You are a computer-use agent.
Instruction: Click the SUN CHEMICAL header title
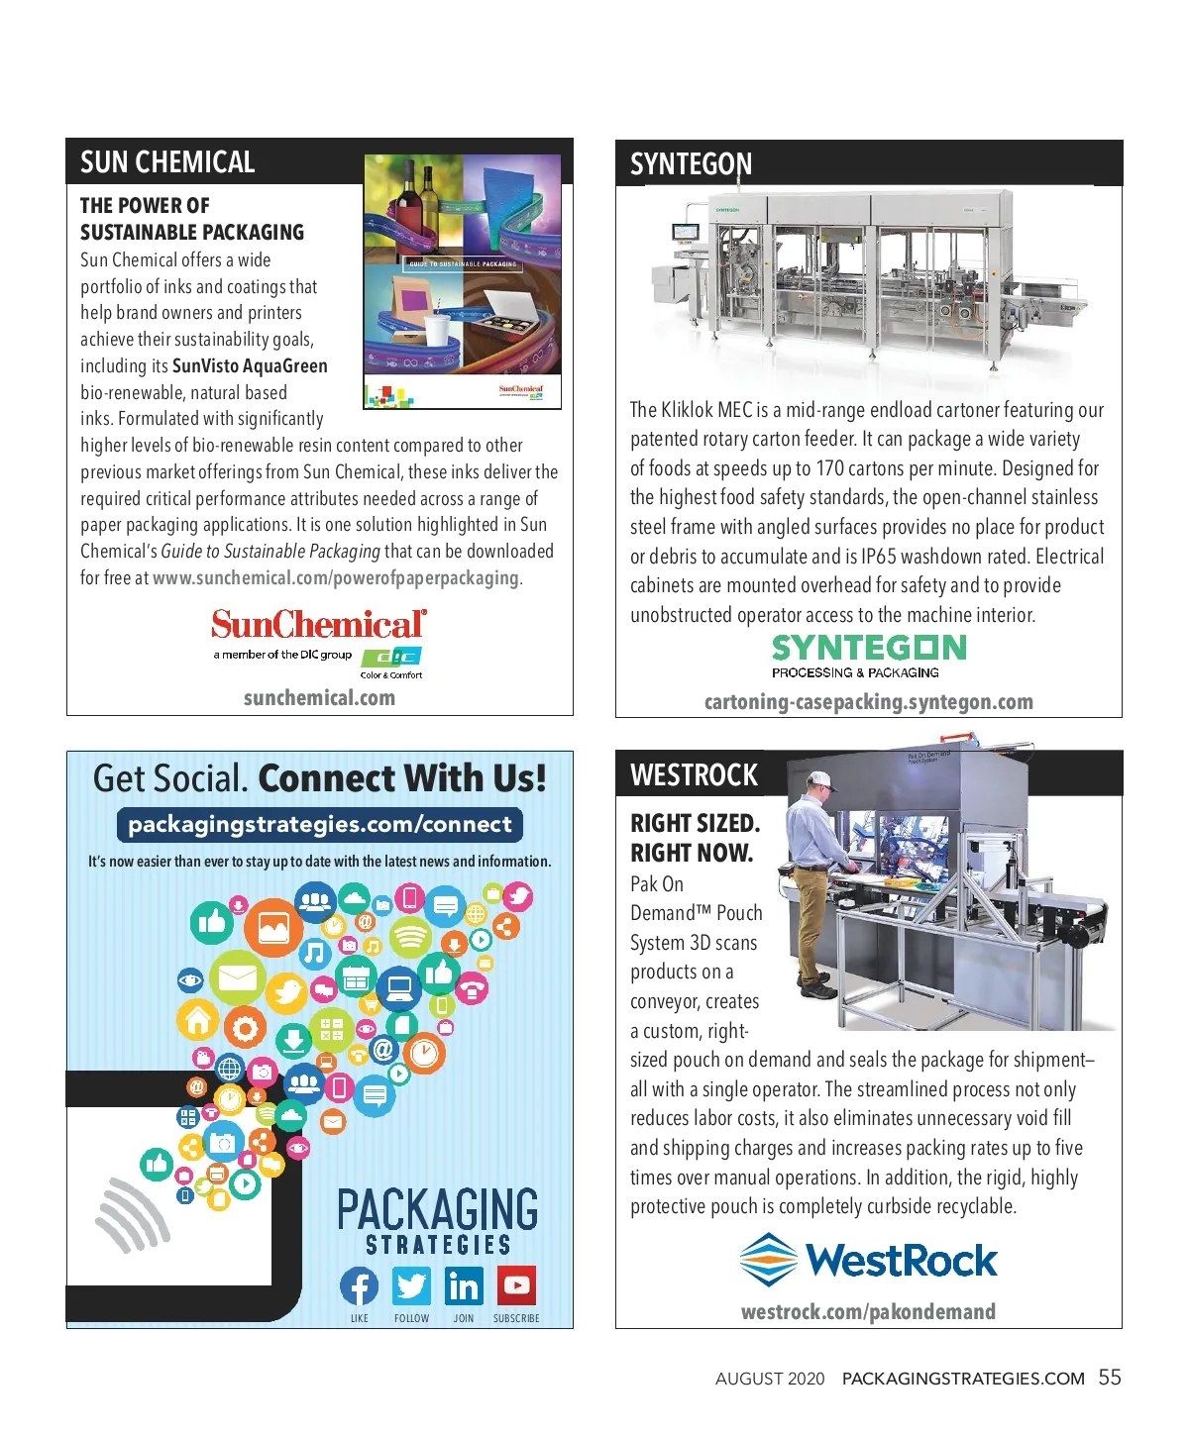coord(167,162)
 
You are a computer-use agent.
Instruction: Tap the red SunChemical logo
coord(318,624)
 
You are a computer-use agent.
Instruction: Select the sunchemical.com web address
coord(319,698)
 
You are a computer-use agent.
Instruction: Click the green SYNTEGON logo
coord(869,649)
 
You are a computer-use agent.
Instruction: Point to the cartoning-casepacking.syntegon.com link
coord(868,702)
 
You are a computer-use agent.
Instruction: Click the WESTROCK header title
coord(694,775)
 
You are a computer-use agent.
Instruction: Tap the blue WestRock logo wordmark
coord(901,1261)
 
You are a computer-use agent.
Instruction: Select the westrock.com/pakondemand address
coord(868,1312)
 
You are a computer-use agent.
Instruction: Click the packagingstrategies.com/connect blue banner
coord(319,825)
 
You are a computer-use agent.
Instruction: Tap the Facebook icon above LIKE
coord(359,1286)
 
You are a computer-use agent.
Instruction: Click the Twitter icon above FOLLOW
coord(411,1286)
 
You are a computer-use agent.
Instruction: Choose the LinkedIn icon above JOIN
coord(464,1286)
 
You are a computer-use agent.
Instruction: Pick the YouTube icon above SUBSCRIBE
coord(516,1285)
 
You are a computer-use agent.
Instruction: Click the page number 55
coord(1110,1378)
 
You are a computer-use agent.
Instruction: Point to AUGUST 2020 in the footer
coord(770,1379)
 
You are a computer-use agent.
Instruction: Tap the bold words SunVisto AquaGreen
coord(250,365)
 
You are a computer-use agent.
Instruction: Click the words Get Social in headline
coord(169,778)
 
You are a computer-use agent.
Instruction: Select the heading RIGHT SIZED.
coord(695,824)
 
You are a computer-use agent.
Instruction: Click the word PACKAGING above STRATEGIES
coord(437,1209)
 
